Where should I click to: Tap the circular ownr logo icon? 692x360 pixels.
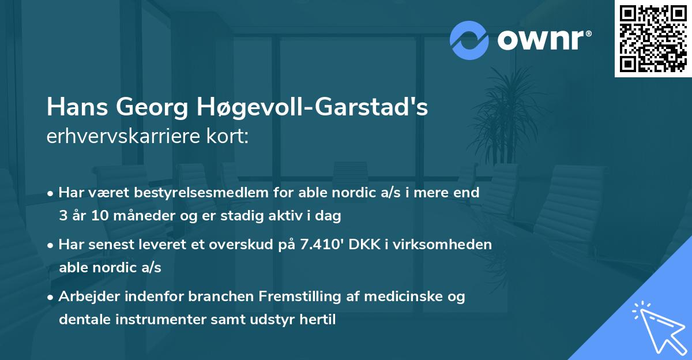coord(469,40)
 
